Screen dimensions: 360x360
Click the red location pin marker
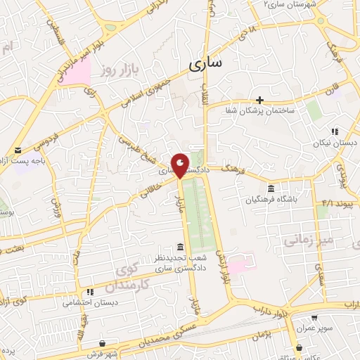181,165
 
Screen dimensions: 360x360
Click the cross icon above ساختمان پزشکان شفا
260,100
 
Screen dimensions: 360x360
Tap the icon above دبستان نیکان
335,131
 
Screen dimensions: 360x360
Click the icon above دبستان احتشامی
89,292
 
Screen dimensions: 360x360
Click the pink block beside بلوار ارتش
238,266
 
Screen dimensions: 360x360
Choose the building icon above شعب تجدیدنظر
181,247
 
